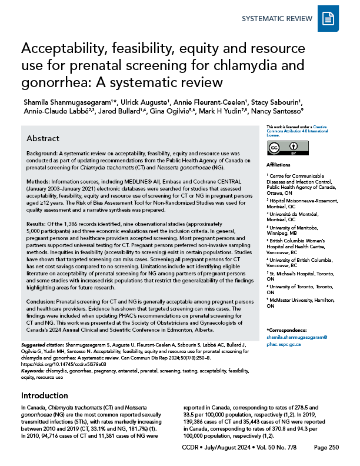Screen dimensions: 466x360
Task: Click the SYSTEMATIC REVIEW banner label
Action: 277,19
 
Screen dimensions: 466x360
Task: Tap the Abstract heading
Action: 43,138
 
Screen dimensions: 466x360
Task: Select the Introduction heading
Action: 46,380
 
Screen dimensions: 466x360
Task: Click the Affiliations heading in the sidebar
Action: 279,165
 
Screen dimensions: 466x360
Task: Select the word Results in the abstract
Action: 38,233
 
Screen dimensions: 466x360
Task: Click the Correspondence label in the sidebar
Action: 288,330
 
